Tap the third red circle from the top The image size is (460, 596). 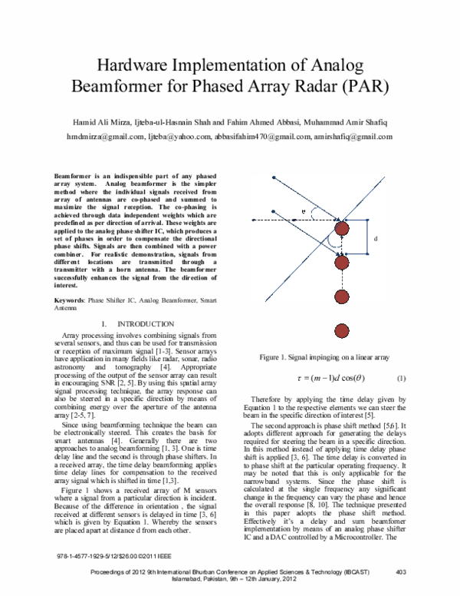[342, 297]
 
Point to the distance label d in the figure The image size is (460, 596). [376, 239]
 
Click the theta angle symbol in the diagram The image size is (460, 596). [304, 209]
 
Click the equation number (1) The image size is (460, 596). [401, 379]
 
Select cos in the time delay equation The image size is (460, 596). [347, 379]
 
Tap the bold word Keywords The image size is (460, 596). [75, 300]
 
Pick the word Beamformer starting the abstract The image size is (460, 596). [79, 177]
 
